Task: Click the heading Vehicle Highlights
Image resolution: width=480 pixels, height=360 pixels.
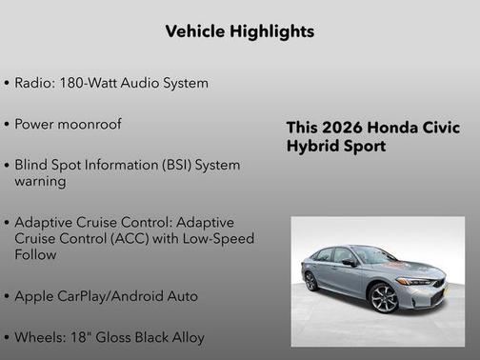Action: click(x=240, y=31)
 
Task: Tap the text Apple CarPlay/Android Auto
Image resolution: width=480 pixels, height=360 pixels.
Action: click(x=107, y=296)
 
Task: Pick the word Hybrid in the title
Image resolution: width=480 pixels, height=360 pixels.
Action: click(x=311, y=147)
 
